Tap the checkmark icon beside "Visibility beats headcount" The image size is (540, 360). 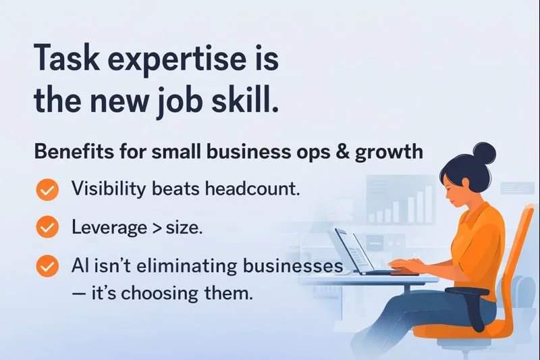47,190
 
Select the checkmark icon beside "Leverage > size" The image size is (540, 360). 47,228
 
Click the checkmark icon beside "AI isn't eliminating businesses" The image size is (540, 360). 47,266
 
